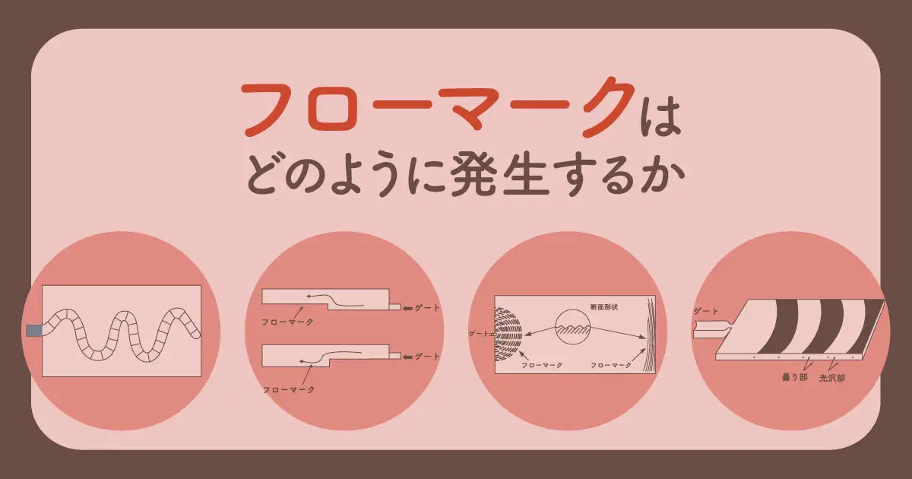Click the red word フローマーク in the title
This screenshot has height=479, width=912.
click(x=438, y=107)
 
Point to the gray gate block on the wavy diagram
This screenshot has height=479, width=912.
click(x=34, y=330)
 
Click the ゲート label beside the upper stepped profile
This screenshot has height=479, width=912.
click(x=427, y=308)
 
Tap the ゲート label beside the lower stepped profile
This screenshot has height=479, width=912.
click(x=427, y=357)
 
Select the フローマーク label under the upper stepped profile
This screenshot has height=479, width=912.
click(x=287, y=322)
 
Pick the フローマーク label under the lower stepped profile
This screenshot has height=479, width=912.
click(x=289, y=390)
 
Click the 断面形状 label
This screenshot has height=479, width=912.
click(x=604, y=306)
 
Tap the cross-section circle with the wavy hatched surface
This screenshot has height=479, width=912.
click(x=572, y=327)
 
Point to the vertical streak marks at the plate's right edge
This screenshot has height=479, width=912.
click(x=650, y=334)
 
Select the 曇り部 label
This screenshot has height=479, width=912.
click(x=794, y=378)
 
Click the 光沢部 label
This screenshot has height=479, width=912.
click(x=832, y=378)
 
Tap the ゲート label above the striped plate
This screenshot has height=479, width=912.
click(x=706, y=311)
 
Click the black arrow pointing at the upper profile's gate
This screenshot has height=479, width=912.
click(x=407, y=309)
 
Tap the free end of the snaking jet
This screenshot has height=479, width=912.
click(x=198, y=333)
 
